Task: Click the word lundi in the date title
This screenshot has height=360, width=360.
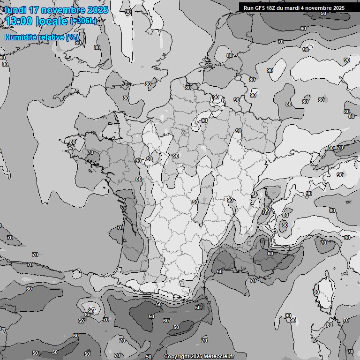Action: click(15, 10)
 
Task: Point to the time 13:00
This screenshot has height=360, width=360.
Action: click(19, 22)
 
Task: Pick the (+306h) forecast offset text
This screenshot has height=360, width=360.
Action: click(83, 21)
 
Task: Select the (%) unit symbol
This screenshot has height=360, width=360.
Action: click(72, 37)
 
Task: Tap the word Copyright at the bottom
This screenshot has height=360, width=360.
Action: click(177, 357)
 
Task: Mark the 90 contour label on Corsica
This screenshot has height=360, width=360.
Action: click(316, 292)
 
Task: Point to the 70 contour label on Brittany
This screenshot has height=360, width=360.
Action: click(90, 152)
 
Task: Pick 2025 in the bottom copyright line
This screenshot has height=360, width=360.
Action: click(197, 357)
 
